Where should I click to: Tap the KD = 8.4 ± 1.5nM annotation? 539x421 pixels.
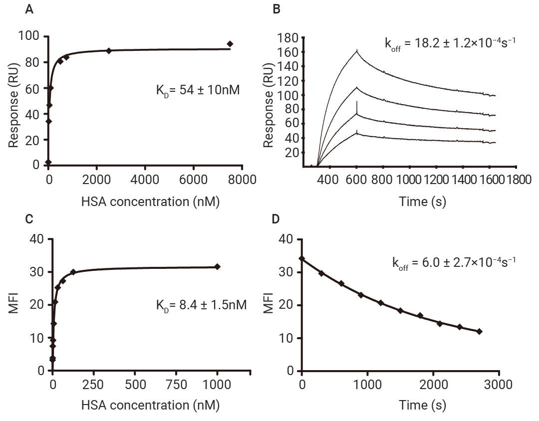click(201, 304)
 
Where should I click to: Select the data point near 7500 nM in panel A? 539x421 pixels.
click(230, 44)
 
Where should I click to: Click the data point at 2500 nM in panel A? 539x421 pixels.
click(109, 50)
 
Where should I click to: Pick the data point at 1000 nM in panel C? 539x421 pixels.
click(217, 267)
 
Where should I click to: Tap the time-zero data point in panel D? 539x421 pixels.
click(302, 258)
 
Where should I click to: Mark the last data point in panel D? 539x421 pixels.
click(479, 331)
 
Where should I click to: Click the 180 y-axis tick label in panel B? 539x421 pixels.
click(287, 38)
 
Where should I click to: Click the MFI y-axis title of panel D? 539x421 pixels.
click(269, 305)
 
